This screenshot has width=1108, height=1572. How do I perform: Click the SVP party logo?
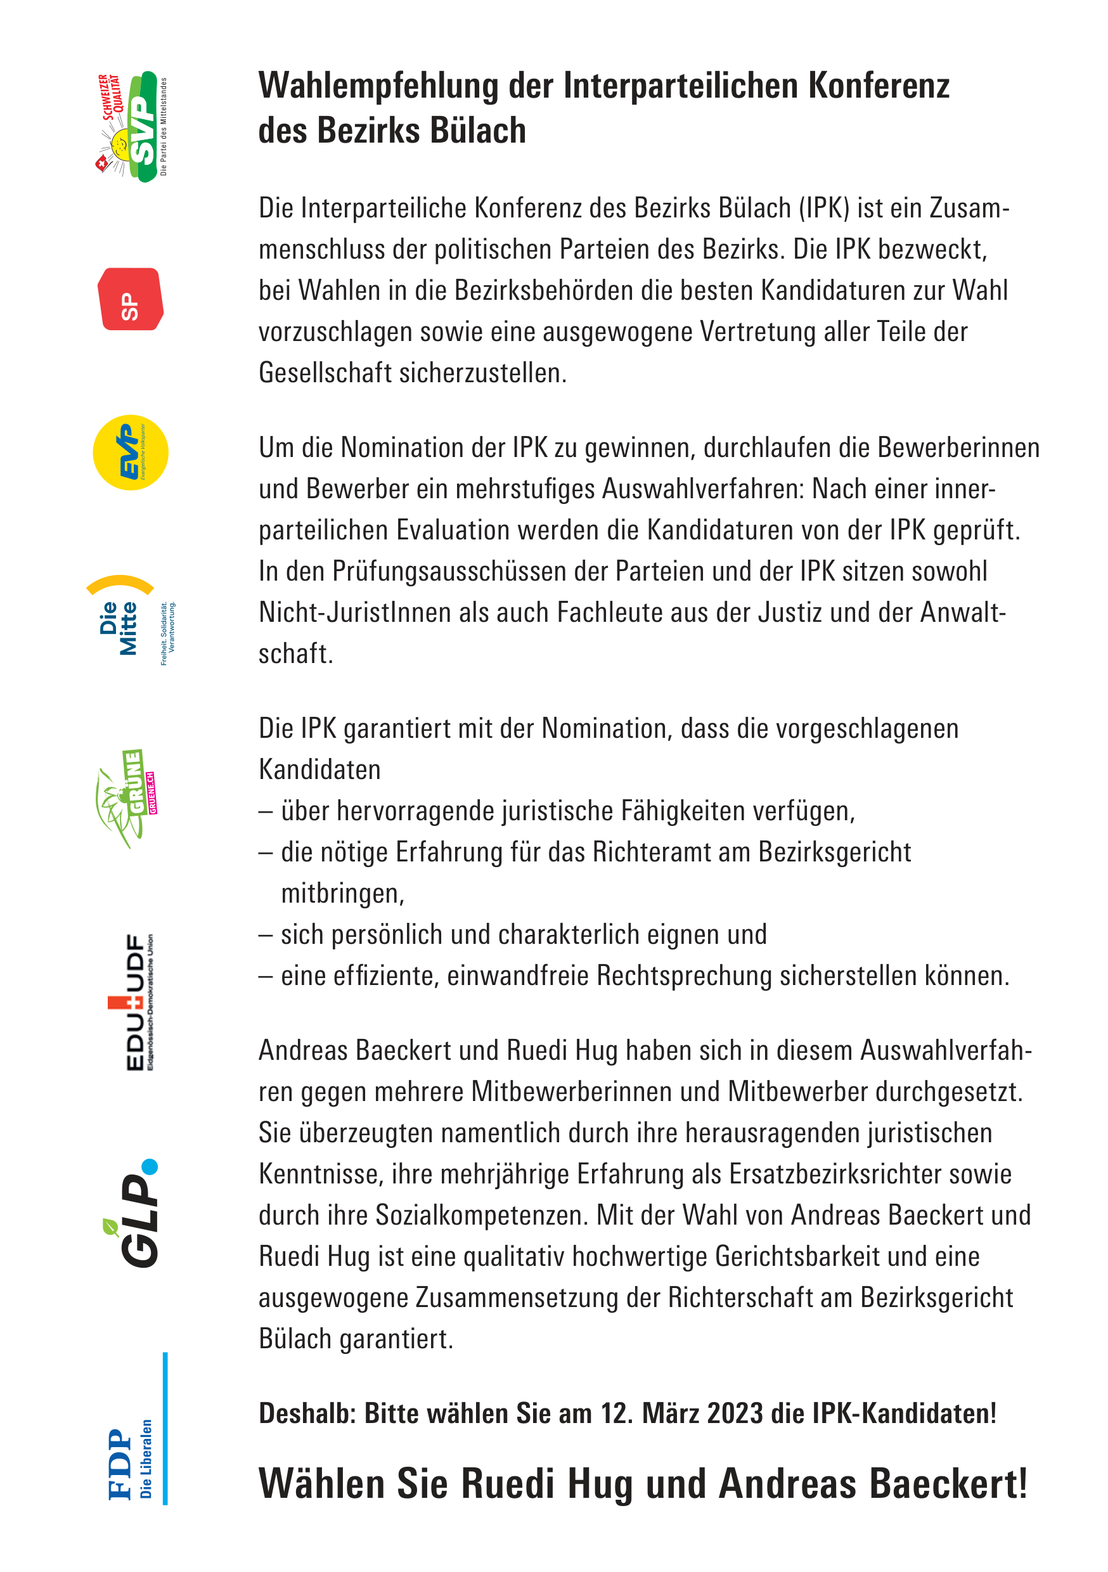[x=131, y=127]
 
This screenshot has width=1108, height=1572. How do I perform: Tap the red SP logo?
[x=130, y=299]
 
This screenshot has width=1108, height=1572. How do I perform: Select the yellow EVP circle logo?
[x=130, y=453]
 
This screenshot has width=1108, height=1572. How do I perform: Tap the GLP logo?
[x=137, y=1213]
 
